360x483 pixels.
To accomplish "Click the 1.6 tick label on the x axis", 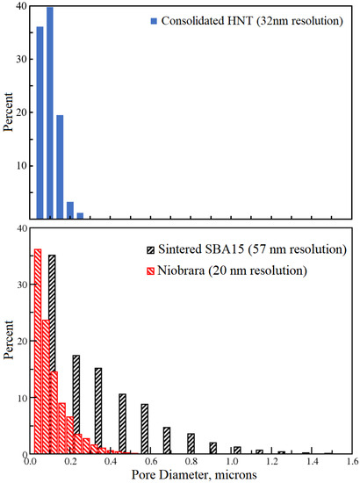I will click(351, 461).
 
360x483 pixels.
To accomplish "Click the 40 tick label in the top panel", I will click(18, 7).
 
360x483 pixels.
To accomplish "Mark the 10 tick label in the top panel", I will click(18, 166).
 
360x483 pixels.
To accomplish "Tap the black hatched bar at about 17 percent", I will click(76, 404).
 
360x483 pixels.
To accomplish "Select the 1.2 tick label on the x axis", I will click(271, 461).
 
